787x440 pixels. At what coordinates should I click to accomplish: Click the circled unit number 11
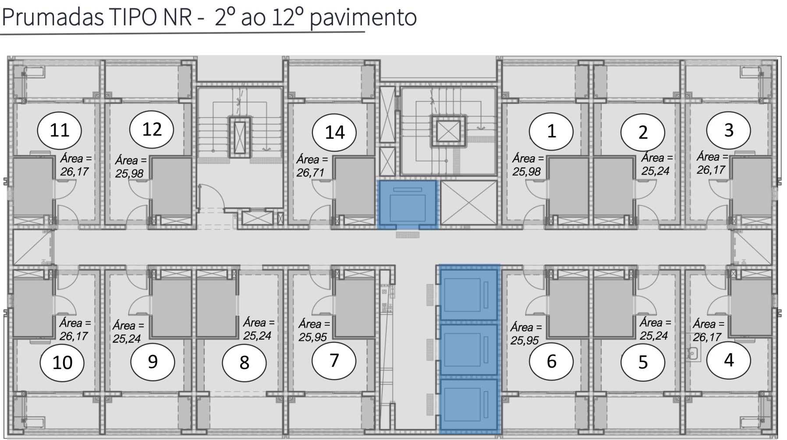[60, 130]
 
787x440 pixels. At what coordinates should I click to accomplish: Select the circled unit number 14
[334, 132]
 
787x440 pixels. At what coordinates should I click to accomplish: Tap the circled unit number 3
[728, 130]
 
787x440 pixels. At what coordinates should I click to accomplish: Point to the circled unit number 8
[244, 363]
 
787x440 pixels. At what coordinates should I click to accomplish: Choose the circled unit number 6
[551, 361]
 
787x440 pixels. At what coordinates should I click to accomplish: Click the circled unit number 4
[729, 360]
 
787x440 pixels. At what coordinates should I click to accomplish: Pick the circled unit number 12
[152, 129]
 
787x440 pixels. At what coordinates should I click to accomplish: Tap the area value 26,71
[310, 173]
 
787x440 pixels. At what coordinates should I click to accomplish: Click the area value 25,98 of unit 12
[129, 174]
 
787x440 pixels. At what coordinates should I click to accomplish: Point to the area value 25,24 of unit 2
[656, 171]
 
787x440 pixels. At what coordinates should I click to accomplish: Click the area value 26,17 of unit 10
[74, 336]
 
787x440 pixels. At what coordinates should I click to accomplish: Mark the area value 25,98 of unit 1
[527, 172]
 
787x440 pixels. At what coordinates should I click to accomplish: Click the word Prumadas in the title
[53, 18]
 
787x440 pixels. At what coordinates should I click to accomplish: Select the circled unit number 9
[152, 362]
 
